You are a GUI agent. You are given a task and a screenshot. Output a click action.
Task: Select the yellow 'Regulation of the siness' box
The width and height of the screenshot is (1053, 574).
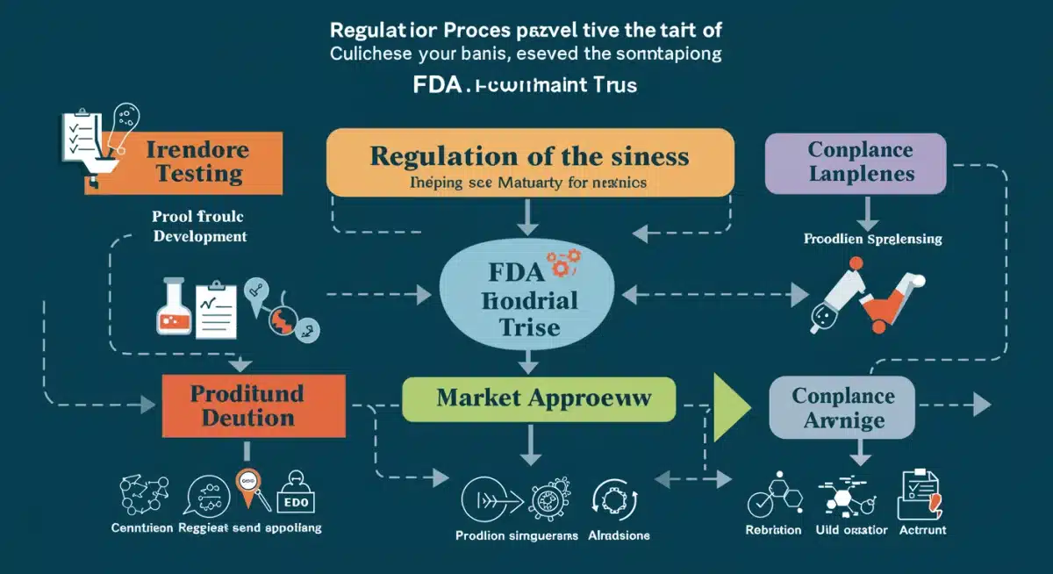click(529, 161)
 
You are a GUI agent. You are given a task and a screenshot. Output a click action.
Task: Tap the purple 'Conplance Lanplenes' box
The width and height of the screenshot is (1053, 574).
click(855, 163)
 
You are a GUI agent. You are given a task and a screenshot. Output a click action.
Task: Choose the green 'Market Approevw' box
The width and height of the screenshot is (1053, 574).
click(538, 398)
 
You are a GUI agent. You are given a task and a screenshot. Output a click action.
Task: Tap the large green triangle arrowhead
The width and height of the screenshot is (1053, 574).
click(732, 406)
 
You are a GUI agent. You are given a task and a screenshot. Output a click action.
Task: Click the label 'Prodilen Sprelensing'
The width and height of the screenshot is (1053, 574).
click(872, 239)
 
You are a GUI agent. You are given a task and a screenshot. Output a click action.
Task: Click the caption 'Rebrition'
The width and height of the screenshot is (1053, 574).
click(773, 529)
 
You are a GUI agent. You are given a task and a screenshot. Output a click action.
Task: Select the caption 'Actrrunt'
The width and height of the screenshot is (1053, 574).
click(920, 529)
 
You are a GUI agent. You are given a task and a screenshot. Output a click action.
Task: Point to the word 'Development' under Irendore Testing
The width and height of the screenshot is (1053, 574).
click(200, 237)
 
